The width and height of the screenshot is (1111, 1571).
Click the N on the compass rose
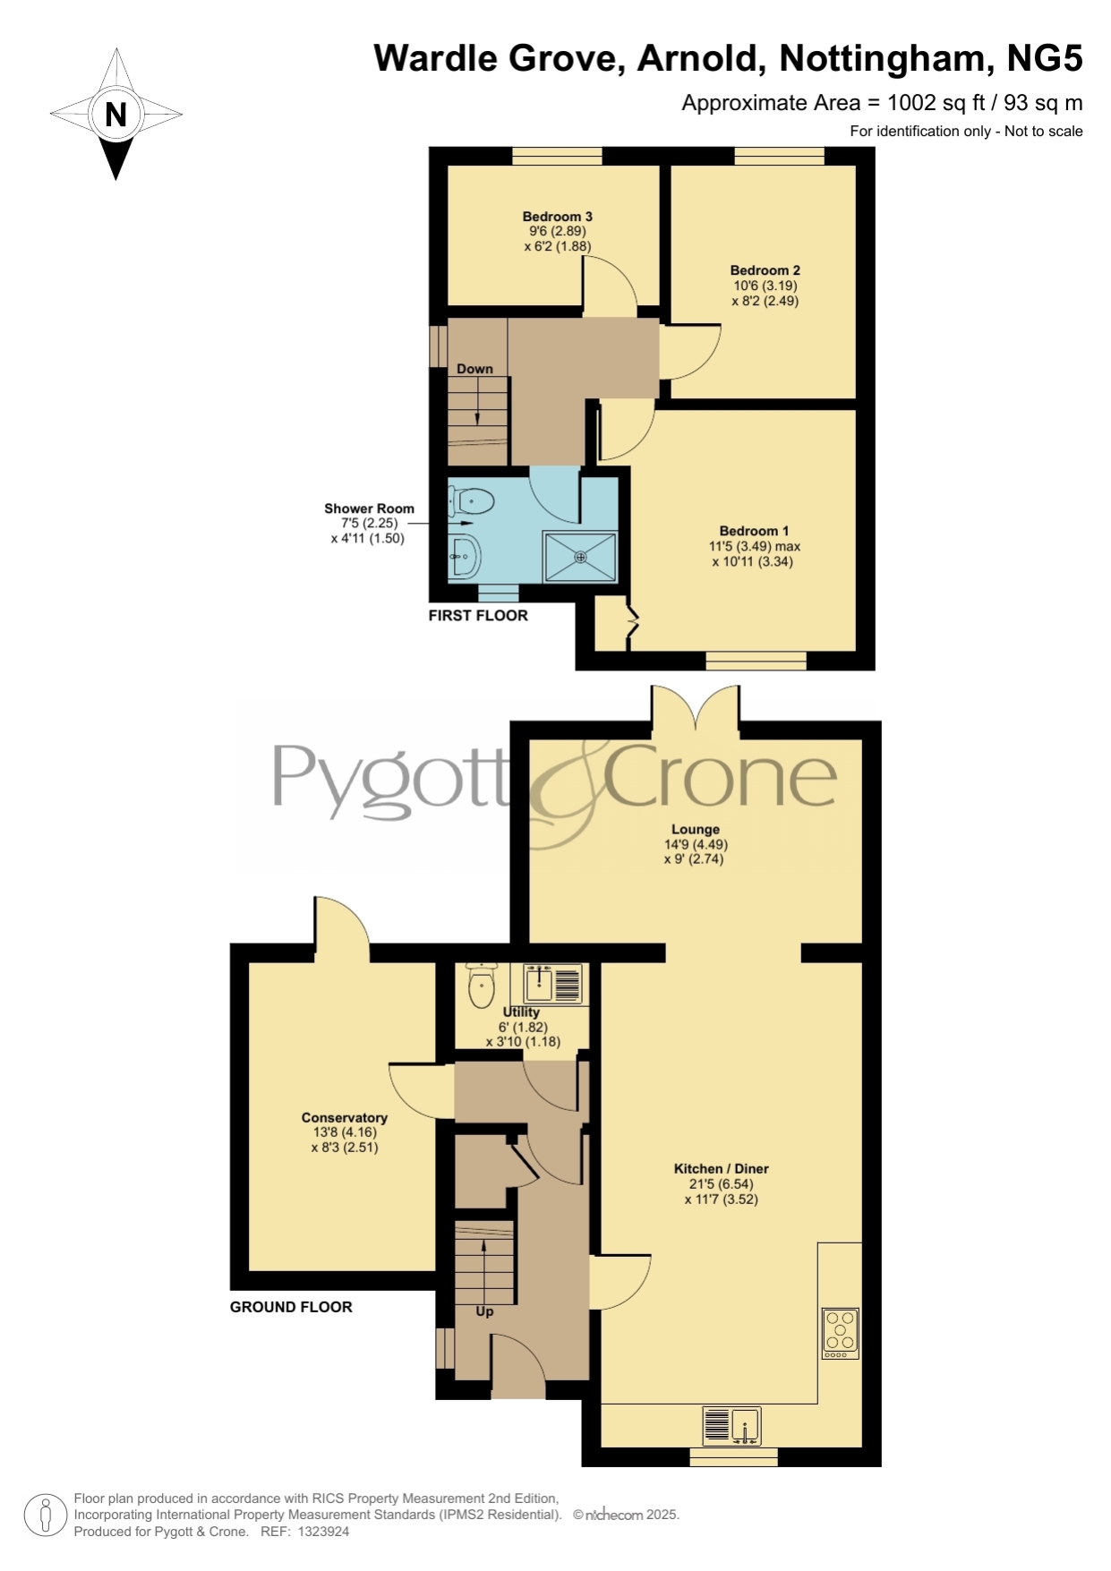(115, 115)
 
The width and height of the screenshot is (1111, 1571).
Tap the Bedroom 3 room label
(558, 217)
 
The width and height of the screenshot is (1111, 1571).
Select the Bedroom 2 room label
(765, 270)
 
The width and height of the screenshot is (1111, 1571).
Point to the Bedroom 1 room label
(755, 531)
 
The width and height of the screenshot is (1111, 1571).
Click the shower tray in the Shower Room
(580, 556)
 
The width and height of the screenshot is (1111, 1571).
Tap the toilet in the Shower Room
(472, 500)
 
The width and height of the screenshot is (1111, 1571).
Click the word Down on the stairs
(474, 369)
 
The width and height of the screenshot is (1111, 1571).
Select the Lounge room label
(696, 829)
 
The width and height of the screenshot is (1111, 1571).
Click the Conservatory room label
(345, 1117)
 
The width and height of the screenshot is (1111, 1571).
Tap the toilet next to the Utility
(482, 986)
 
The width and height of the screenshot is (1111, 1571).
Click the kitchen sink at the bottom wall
(731, 1425)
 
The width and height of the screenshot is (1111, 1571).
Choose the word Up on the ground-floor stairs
(484, 1311)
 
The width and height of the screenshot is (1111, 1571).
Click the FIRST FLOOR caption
(478, 615)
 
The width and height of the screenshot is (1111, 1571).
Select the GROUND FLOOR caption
(291, 1307)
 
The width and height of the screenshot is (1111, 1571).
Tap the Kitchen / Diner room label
(722, 1168)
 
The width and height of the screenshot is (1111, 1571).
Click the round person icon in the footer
(45, 1516)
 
